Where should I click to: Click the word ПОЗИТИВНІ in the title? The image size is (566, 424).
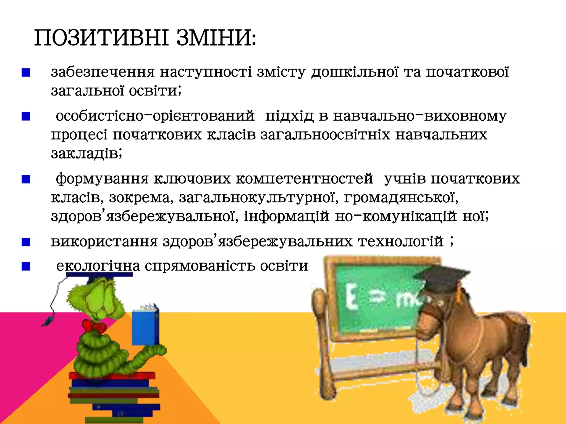point(101,38)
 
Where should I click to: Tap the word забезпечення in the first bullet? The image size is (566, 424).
point(103,72)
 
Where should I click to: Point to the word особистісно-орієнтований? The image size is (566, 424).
point(155,116)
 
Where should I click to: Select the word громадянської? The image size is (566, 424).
point(401,198)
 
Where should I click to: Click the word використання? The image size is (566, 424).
point(104,242)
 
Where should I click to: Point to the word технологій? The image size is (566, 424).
point(401,242)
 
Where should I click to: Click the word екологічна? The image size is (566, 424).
point(98,266)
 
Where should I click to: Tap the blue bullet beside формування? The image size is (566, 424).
point(26,180)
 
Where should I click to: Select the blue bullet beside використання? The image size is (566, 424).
point(26,242)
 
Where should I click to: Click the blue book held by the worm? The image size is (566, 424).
point(145,327)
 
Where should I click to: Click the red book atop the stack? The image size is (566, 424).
point(112,376)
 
